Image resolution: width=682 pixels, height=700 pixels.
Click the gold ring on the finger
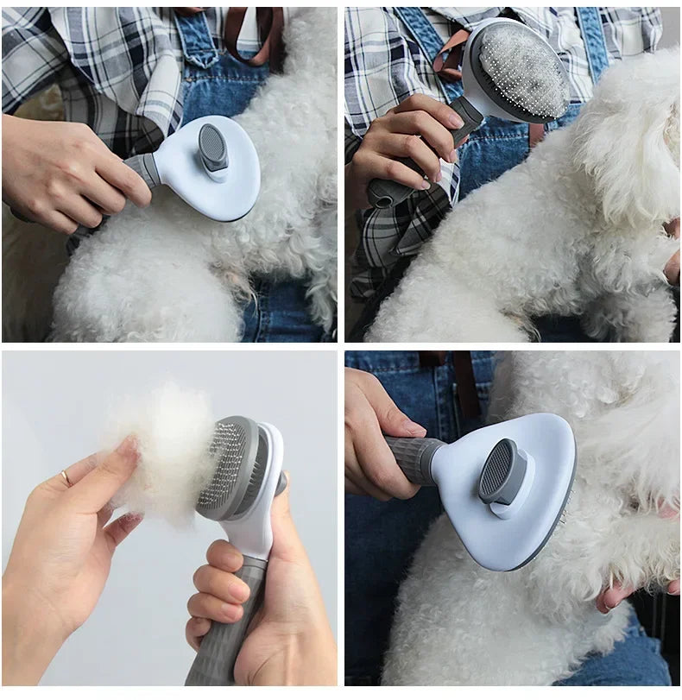tap(66, 477)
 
